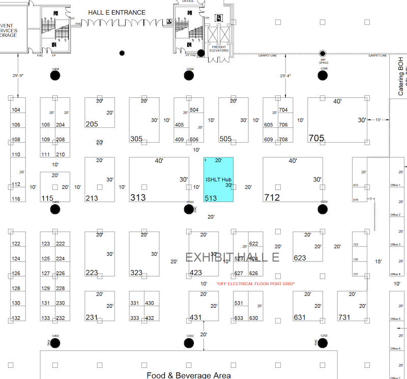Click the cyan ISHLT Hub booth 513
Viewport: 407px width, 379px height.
click(219, 179)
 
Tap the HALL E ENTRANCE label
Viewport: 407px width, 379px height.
click(117, 12)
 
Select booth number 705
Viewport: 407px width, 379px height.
click(316, 138)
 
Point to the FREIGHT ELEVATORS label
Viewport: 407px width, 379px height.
click(219, 49)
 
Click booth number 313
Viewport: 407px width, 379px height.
click(138, 197)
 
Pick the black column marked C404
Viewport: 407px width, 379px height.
click(55, 75)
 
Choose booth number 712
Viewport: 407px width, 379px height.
click(272, 197)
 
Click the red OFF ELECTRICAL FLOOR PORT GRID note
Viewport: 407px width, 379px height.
click(255, 284)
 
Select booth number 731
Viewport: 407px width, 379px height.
click(344, 317)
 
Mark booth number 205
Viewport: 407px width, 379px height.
click(92, 124)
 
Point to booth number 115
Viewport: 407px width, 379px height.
click(47, 198)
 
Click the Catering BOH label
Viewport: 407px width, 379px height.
click(400, 82)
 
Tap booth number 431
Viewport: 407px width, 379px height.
click(196, 317)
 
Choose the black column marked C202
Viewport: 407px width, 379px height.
click(322, 342)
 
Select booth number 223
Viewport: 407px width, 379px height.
click(92, 273)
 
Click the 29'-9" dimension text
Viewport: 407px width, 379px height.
click(18, 76)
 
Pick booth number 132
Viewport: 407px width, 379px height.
click(16, 318)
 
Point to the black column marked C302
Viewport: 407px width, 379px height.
click(189, 342)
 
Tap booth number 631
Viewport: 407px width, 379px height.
click(300, 317)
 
